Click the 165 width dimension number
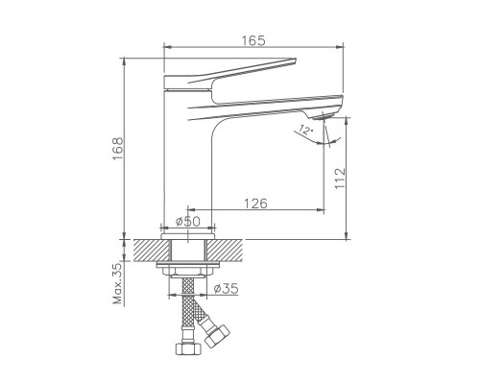pyautogui.click(x=253, y=40)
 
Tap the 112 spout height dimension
pyautogui.click(x=341, y=178)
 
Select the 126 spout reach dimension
pyautogui.click(x=255, y=204)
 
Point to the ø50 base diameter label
pyautogui.click(x=188, y=221)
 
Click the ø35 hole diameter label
pyautogui.click(x=226, y=289)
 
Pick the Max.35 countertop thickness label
pyautogui.click(x=118, y=283)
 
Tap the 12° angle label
pyautogui.click(x=305, y=130)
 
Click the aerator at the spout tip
pyautogui.click(x=324, y=116)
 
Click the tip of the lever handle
pyautogui.click(x=295, y=60)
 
